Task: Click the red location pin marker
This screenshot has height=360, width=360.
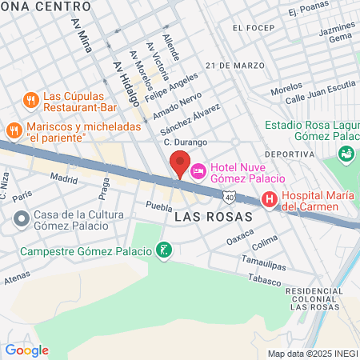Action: [180, 164]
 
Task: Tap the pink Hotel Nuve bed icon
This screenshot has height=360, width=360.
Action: [198, 170]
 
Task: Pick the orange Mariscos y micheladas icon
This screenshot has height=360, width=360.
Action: [14, 130]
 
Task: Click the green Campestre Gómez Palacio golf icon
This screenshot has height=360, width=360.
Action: [164, 251]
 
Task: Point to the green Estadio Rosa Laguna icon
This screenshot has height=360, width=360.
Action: [346, 153]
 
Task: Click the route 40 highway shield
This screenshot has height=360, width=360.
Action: [230, 196]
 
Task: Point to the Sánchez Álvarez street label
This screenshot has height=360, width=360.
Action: [190, 119]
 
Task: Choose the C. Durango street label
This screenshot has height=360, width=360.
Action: [186, 142]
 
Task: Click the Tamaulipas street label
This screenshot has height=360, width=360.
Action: [263, 262]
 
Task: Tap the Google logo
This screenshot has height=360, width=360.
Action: [26, 350]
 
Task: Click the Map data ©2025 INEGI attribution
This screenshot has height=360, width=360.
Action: [311, 354]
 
